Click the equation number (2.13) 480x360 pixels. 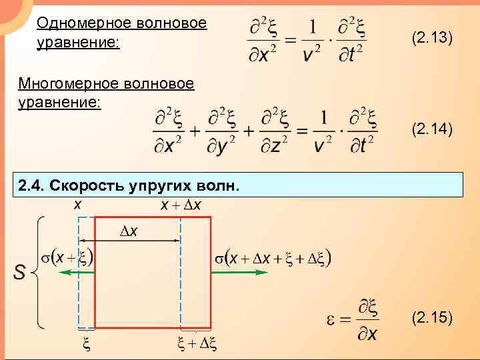tap(433, 39)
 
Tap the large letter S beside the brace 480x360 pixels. tap(21, 272)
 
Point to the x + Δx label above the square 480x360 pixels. tap(181, 206)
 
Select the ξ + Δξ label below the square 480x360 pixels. tap(197, 344)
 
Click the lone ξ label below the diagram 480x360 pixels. tap(85, 344)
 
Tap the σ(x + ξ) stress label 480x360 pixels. tap(65, 257)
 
